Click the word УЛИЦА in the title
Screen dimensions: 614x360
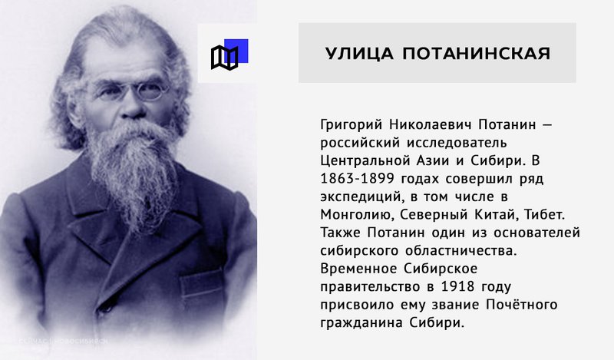[359, 53]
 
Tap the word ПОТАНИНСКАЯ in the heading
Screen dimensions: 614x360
[477, 53]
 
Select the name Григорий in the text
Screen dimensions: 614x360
[351, 125]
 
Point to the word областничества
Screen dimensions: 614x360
[461, 251]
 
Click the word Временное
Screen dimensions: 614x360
[358, 269]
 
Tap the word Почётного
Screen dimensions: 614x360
[522, 305]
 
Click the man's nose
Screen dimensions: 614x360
[132, 107]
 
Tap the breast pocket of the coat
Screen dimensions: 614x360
[202, 287]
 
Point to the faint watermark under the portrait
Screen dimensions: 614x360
[63, 341]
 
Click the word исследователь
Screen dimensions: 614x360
[457, 143]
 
